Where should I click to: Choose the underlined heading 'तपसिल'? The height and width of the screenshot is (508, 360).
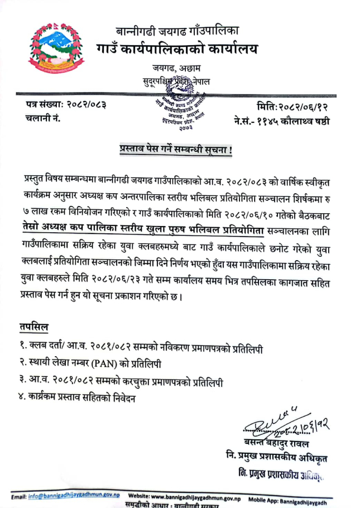click(35, 327)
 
